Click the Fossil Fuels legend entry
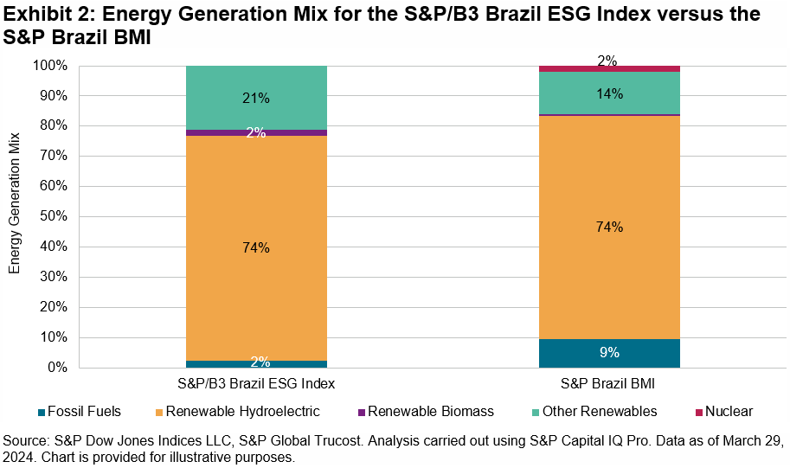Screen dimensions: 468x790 tap(79, 411)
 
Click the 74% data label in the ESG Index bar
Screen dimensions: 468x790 tap(256, 247)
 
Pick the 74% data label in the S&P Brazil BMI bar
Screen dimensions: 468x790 tap(609, 227)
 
